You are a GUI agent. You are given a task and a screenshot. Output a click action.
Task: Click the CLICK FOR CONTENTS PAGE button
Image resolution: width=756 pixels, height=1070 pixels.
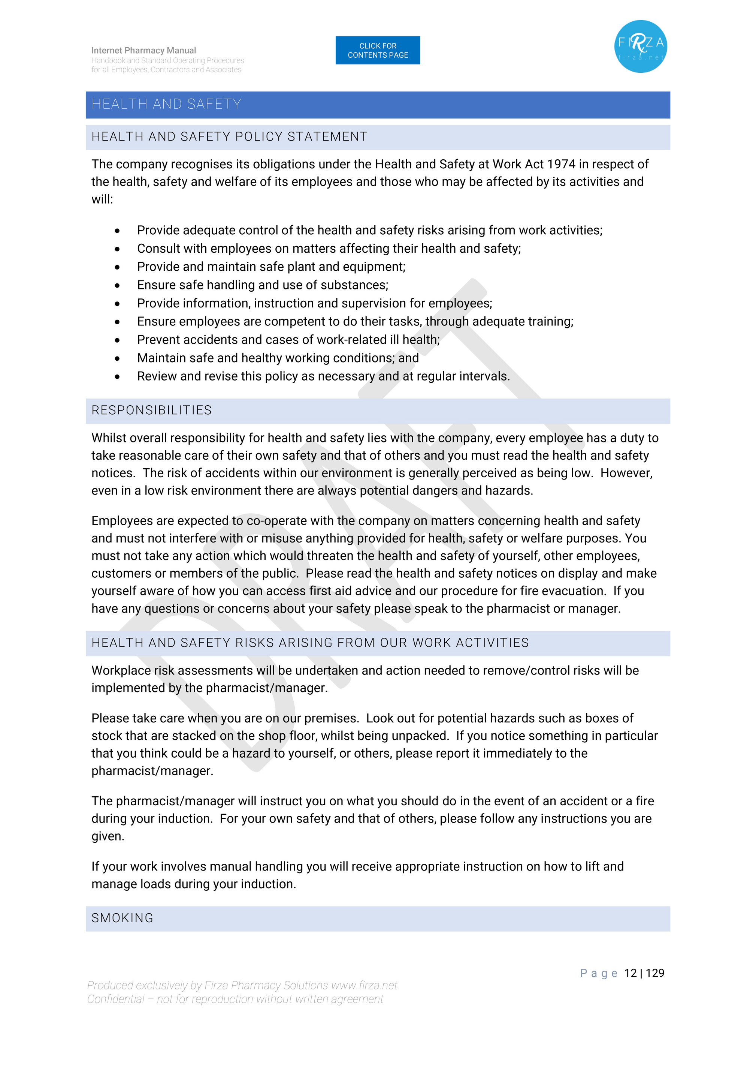(377, 50)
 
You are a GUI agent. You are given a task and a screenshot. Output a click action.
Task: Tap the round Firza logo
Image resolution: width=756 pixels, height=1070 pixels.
(641, 46)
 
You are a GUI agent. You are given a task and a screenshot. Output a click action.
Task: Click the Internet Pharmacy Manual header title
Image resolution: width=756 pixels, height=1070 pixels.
(143, 50)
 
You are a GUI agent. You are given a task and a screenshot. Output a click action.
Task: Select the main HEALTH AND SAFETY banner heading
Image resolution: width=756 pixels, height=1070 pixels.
(166, 104)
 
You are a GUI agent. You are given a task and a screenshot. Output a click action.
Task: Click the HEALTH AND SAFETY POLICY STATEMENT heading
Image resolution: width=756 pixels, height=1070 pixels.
(229, 136)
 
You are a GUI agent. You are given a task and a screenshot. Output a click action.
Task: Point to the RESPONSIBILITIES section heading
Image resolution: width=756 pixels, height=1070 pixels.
(151, 410)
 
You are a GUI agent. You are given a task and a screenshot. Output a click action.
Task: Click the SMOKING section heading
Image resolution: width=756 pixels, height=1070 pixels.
(123, 918)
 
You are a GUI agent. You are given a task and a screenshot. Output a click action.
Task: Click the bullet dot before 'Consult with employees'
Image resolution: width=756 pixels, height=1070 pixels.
(117, 249)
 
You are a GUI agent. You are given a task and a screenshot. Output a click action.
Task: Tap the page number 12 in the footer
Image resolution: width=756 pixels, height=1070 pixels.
(630, 973)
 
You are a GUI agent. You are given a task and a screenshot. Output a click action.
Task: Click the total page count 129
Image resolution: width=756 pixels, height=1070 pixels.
(655, 973)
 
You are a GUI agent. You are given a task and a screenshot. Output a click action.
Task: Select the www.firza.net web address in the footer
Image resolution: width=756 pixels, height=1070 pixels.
(365, 985)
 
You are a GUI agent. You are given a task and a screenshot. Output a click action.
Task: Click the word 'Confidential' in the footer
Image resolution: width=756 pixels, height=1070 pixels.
(115, 999)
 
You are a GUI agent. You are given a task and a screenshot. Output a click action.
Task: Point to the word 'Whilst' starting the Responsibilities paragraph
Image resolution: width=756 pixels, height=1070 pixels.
(107, 438)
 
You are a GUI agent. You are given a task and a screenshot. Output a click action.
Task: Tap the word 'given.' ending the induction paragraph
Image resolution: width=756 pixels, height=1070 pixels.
(108, 836)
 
